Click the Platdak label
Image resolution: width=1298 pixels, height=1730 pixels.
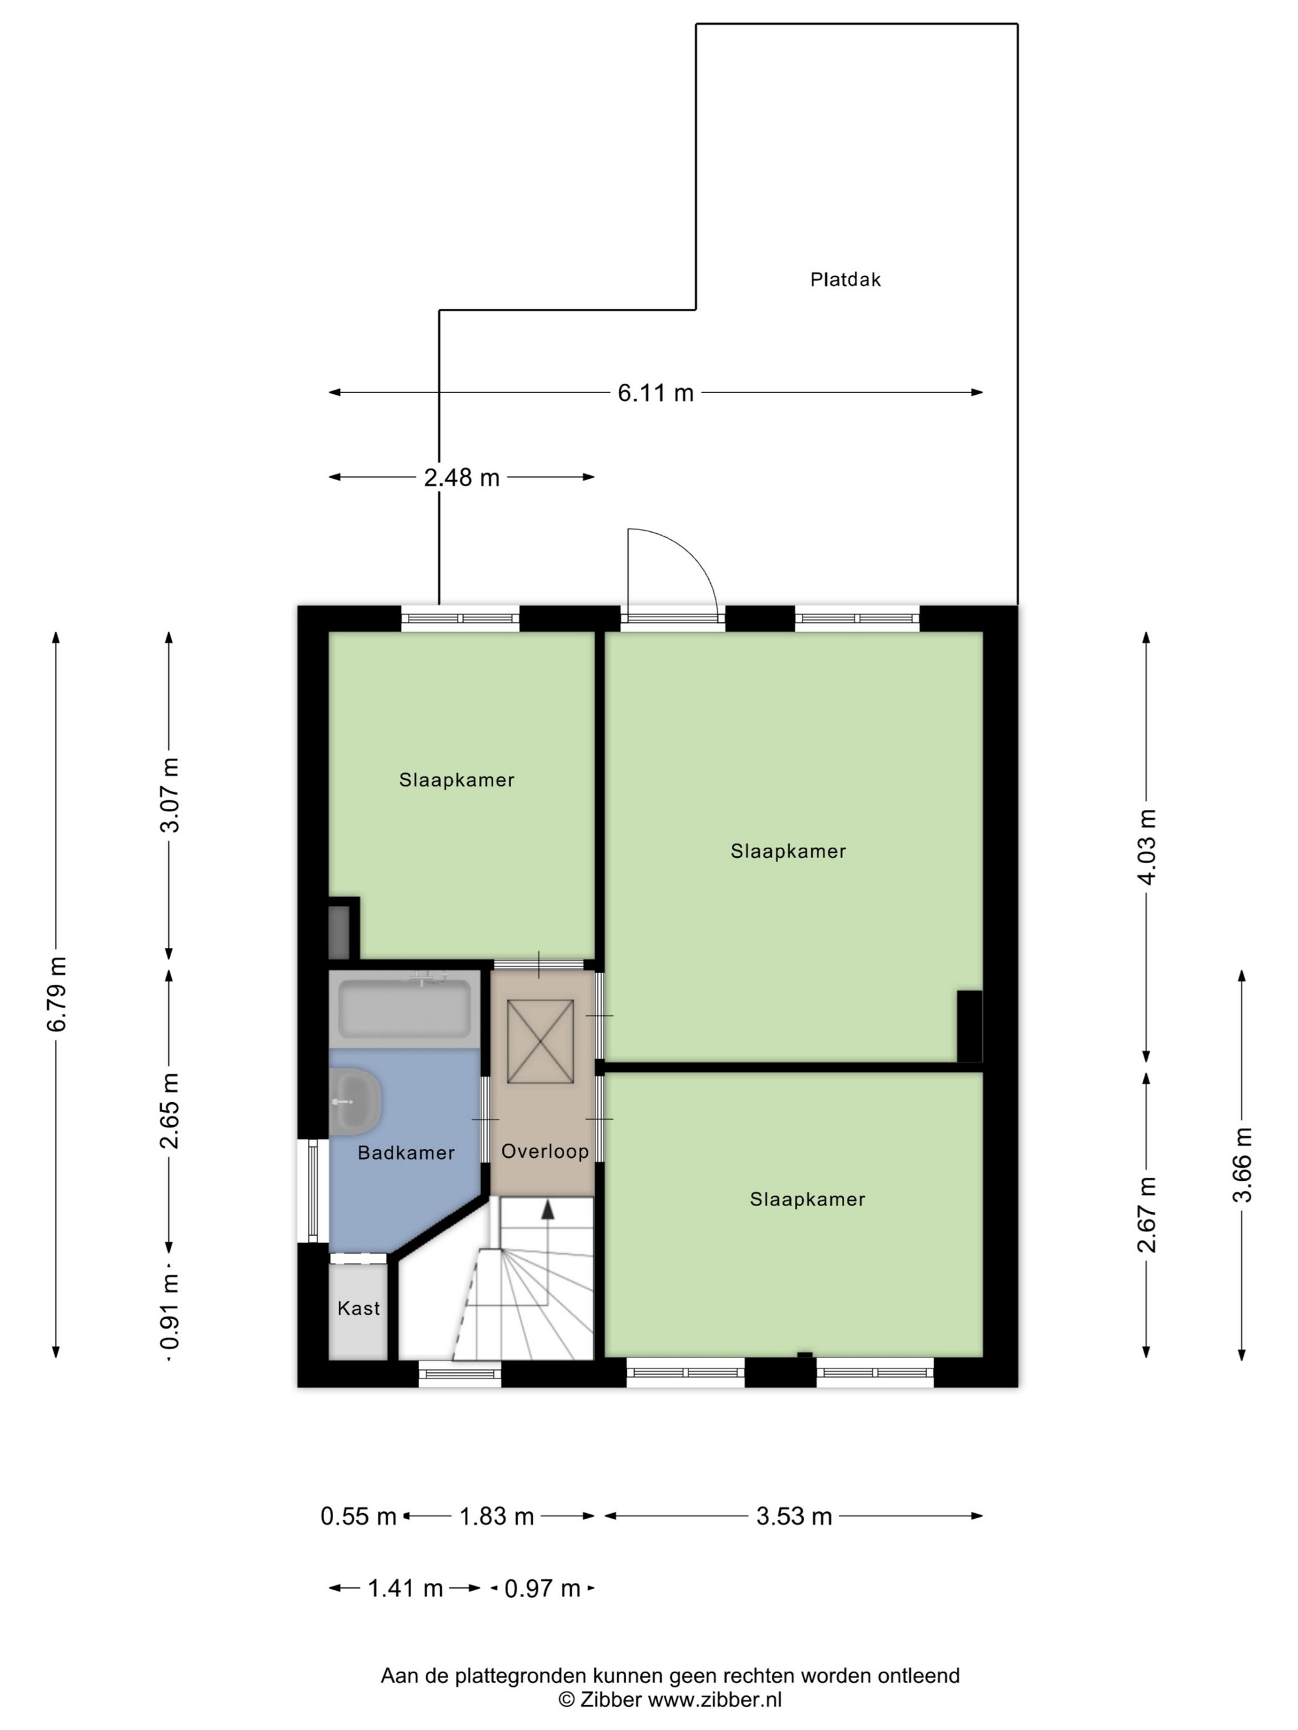(845, 279)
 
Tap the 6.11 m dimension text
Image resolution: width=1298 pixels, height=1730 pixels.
(656, 392)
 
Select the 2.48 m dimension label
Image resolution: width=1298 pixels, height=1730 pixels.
(462, 477)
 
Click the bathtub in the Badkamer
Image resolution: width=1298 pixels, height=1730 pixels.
(404, 1009)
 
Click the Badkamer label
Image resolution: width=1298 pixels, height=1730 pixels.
(406, 1153)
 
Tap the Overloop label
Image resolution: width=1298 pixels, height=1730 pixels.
(545, 1151)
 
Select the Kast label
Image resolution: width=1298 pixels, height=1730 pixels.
(358, 1309)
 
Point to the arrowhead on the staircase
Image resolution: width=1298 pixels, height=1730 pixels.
(548, 1209)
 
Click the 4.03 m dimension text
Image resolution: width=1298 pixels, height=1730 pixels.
(1147, 846)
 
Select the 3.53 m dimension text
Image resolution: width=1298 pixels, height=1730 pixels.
(794, 1516)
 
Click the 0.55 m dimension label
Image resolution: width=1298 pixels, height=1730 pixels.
(358, 1516)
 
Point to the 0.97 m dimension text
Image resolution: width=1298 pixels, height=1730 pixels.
(542, 1589)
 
